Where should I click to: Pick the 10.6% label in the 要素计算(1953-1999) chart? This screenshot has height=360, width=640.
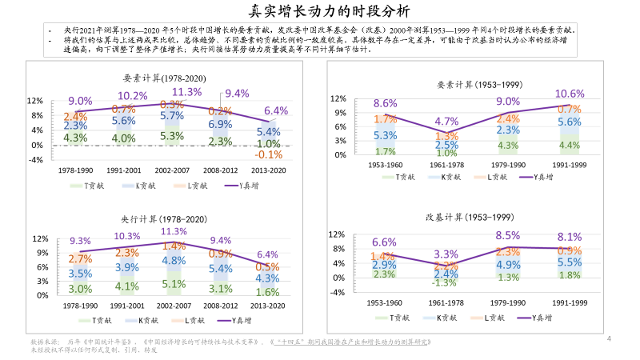click(569, 94)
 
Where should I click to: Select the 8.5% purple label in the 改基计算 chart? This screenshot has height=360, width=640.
click(507, 235)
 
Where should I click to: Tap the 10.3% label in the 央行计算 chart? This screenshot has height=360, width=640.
click(127, 236)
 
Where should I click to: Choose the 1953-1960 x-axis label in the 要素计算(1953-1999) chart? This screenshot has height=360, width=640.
click(385, 166)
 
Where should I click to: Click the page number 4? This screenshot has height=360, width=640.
click(610, 338)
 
